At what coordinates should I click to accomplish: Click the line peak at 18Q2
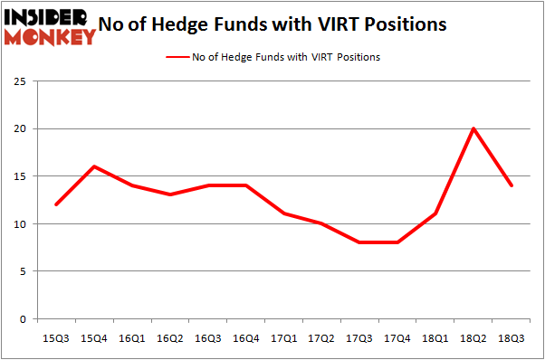tap(473, 128)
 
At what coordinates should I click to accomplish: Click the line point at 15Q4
tap(94, 166)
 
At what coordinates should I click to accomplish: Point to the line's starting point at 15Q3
tap(56, 204)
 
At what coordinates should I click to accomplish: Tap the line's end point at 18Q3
tap(512, 185)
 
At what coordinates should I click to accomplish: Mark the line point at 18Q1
tap(435, 213)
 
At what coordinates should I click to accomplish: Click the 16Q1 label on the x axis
tap(132, 337)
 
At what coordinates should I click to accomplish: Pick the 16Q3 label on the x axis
tap(208, 337)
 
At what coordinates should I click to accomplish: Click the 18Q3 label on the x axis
tap(512, 337)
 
